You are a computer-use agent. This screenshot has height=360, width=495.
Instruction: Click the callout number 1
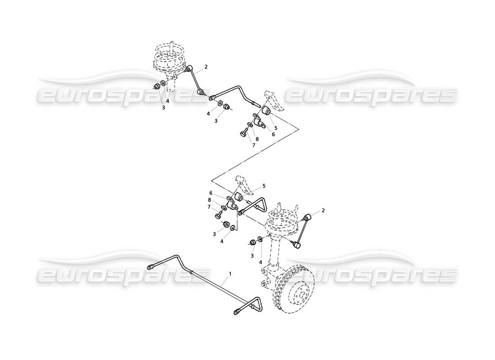(230, 273)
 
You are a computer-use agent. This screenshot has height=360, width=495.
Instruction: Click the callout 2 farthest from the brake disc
(206, 67)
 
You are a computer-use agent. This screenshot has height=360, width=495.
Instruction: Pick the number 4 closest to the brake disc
(261, 262)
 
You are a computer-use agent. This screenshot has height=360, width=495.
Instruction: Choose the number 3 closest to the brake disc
(253, 256)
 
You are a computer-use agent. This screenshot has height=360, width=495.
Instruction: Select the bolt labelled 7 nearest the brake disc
(218, 215)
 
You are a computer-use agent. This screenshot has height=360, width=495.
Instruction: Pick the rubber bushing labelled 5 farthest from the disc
(267, 110)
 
